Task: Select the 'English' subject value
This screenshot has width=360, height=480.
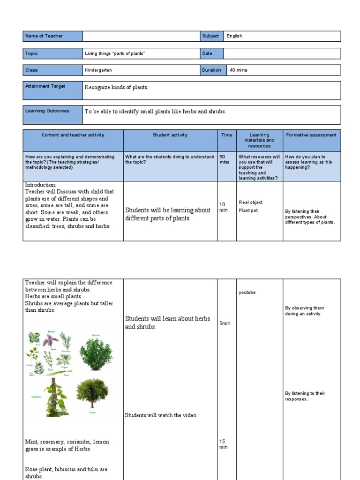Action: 234,36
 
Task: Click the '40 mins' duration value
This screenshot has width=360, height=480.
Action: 238,70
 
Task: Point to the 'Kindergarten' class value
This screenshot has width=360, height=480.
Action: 98,70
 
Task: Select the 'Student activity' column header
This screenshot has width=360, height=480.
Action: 170,135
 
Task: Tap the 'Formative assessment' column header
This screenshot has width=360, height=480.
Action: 311,135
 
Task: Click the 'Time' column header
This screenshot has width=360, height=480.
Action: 226,135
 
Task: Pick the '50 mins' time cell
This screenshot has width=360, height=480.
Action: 224,160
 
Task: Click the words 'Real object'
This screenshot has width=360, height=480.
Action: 251,202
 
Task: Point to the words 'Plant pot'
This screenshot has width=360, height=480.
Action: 248,210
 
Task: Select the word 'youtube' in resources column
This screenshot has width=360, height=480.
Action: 247,292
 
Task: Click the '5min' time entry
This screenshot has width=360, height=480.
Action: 225,323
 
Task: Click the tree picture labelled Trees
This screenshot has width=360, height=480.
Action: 92,393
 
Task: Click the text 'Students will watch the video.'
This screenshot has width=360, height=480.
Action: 161,415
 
